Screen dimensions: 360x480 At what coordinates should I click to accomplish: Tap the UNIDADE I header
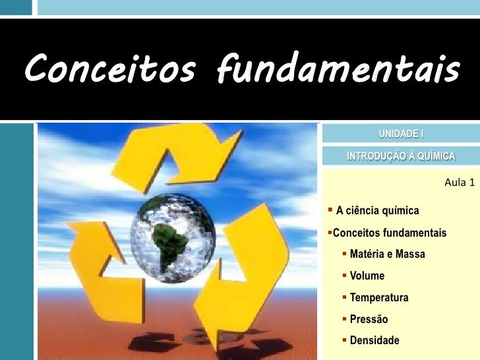click(x=401, y=135)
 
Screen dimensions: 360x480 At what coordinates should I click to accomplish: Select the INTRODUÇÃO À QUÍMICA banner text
click(x=401, y=156)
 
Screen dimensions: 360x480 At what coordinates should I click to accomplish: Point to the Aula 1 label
click(x=460, y=182)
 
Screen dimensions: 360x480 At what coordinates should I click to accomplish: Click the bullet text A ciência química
click(x=377, y=211)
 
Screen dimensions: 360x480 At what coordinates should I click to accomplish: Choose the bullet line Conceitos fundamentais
click(x=390, y=233)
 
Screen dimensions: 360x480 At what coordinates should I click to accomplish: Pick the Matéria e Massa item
click(x=387, y=254)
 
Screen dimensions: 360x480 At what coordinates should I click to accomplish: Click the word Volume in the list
click(x=367, y=276)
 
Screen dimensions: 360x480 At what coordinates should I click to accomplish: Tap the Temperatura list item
click(x=378, y=297)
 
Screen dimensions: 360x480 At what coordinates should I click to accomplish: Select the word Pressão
click(x=369, y=319)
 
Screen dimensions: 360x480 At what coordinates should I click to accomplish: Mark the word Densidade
click(x=374, y=341)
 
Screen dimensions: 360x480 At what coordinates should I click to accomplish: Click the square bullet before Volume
click(x=345, y=275)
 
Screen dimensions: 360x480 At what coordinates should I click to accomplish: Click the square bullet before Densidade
click(x=345, y=340)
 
